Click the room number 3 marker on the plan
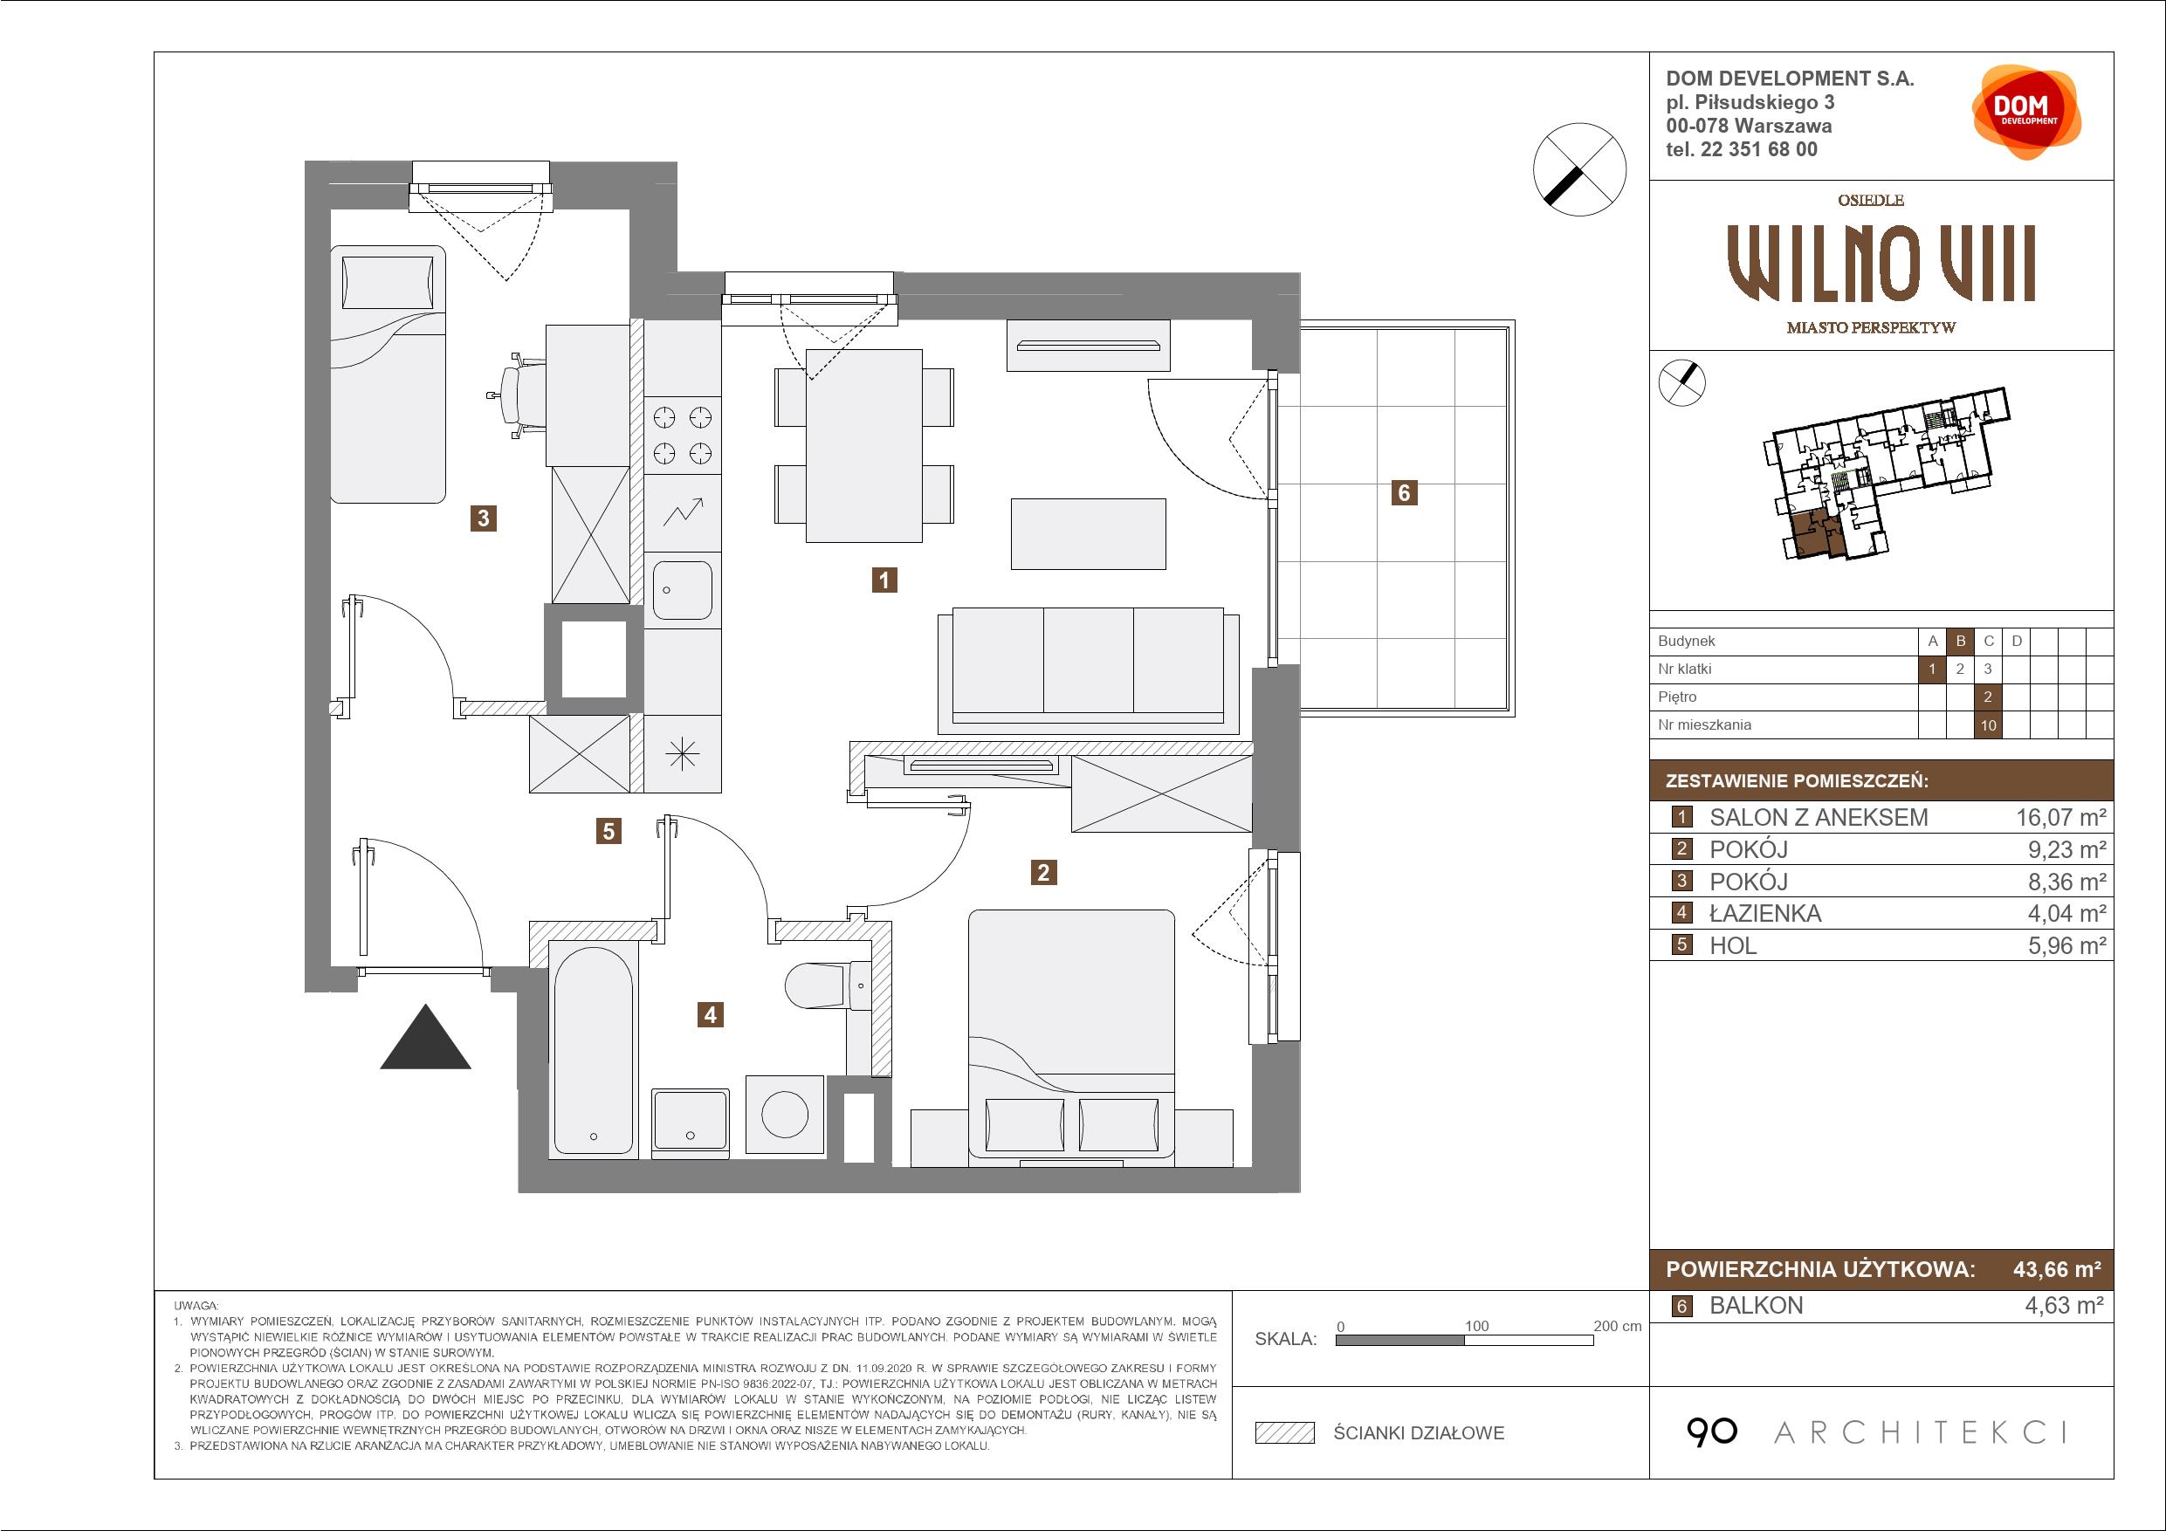click(483, 518)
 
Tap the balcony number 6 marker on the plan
click(1404, 492)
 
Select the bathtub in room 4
click(594, 1048)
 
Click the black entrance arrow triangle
click(425, 1037)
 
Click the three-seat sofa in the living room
click(1089, 670)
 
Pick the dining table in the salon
click(863, 445)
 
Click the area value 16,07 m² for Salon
click(2060, 818)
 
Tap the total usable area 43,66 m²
click(2058, 1270)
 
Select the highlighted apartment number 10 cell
click(1989, 725)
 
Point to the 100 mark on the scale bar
click(1476, 1326)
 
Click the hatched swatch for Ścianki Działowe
click(1285, 1433)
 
